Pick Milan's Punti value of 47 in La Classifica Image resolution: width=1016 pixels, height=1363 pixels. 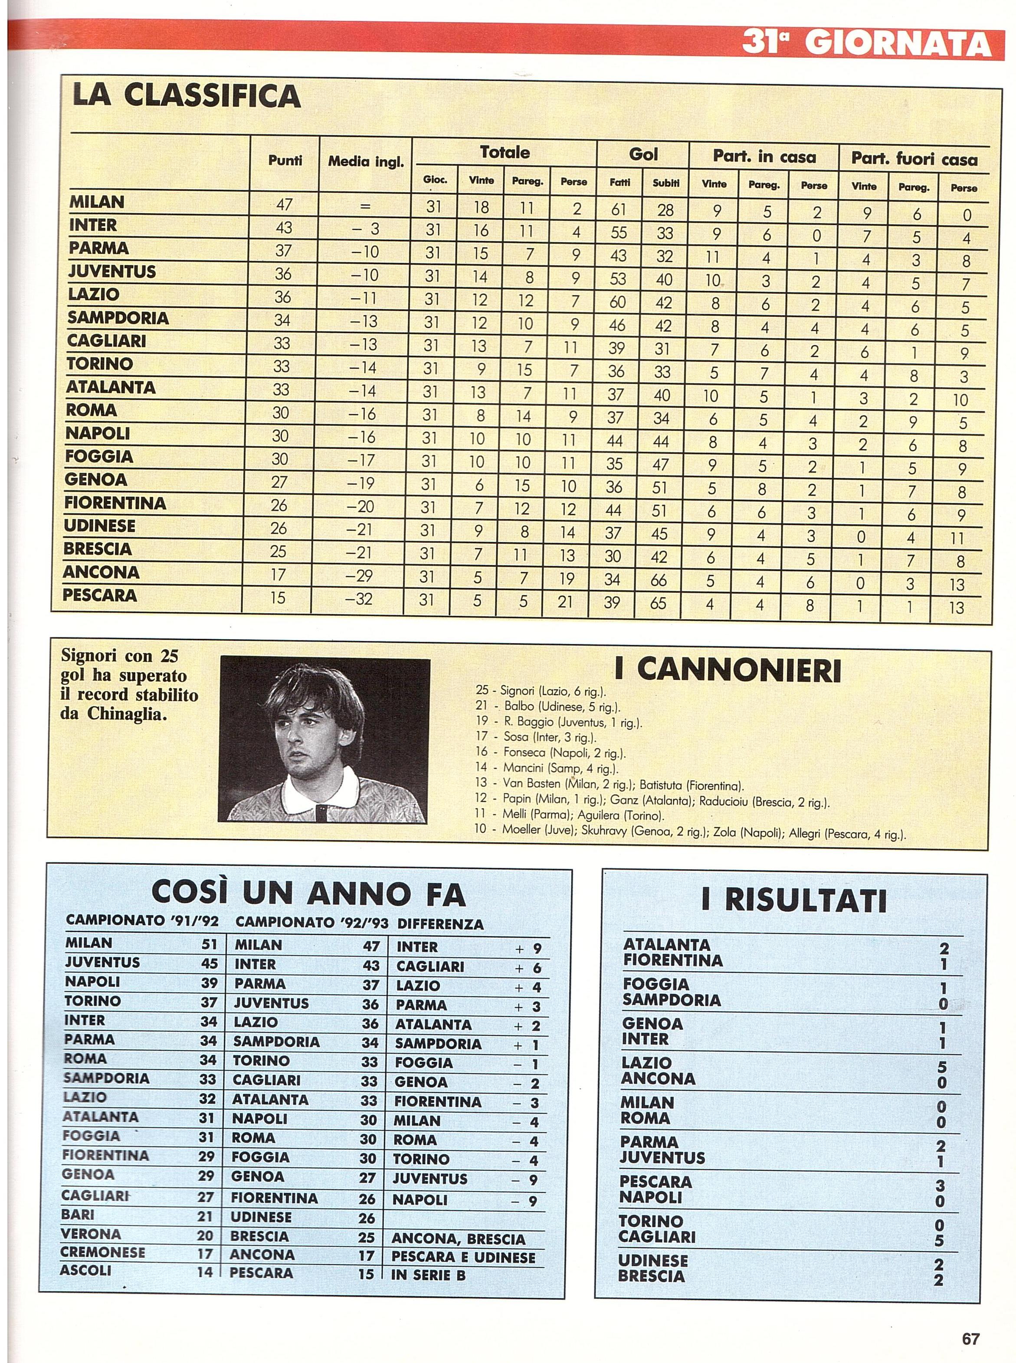(284, 204)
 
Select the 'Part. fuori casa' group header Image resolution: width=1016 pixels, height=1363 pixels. (914, 159)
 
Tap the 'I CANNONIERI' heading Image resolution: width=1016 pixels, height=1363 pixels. (727, 671)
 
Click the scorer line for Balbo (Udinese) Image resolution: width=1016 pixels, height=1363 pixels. (547, 707)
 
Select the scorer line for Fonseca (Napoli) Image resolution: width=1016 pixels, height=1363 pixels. (551, 752)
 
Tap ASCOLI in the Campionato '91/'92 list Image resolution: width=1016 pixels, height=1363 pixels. (85, 1270)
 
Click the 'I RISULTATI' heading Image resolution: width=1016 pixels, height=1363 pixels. (793, 902)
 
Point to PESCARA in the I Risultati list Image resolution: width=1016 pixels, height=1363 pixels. (655, 1182)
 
